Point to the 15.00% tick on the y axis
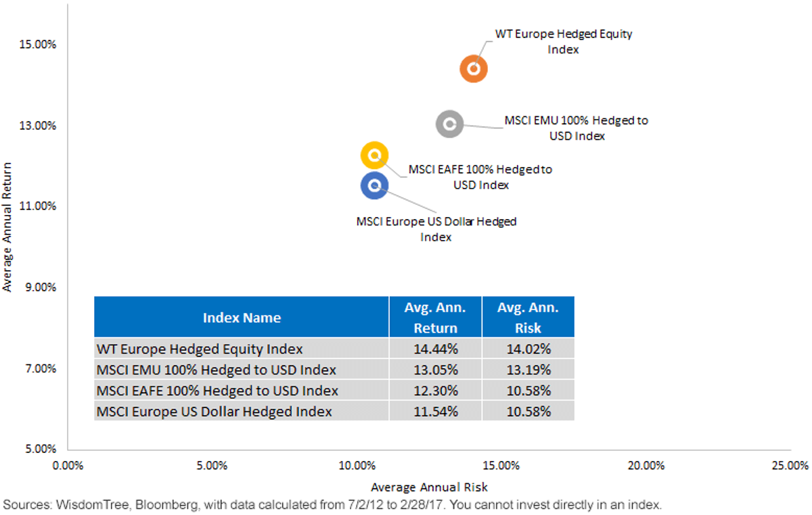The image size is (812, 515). [38, 45]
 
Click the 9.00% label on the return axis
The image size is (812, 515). [41, 287]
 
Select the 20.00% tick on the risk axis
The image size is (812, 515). [646, 466]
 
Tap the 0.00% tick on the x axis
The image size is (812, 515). [68, 466]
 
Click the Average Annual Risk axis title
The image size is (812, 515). [429, 487]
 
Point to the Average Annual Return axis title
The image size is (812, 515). [7, 227]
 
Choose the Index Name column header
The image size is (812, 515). [242, 318]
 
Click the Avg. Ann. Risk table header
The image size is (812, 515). [528, 318]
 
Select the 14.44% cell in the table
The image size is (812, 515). [436, 349]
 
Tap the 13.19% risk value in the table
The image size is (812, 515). [528, 370]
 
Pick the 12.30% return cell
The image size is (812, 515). [436, 391]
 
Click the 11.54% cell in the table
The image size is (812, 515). [436, 412]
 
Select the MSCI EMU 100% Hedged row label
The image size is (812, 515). [216, 370]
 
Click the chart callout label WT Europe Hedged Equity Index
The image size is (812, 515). [563, 41]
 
